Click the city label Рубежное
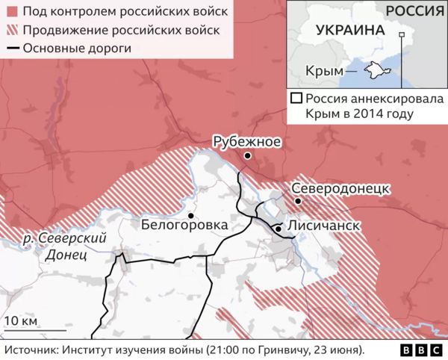(246, 140)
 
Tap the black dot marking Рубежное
(247, 155)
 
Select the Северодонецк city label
(340, 187)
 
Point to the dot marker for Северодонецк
(297, 201)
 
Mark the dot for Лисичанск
(278, 229)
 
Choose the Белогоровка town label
(184, 224)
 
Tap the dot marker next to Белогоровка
(192, 215)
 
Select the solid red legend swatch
(12, 12)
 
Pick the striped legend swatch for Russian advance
(12, 31)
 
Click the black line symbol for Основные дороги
(12, 49)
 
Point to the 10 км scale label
(19, 322)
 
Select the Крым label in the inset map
(321, 71)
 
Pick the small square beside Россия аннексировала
(296, 98)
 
